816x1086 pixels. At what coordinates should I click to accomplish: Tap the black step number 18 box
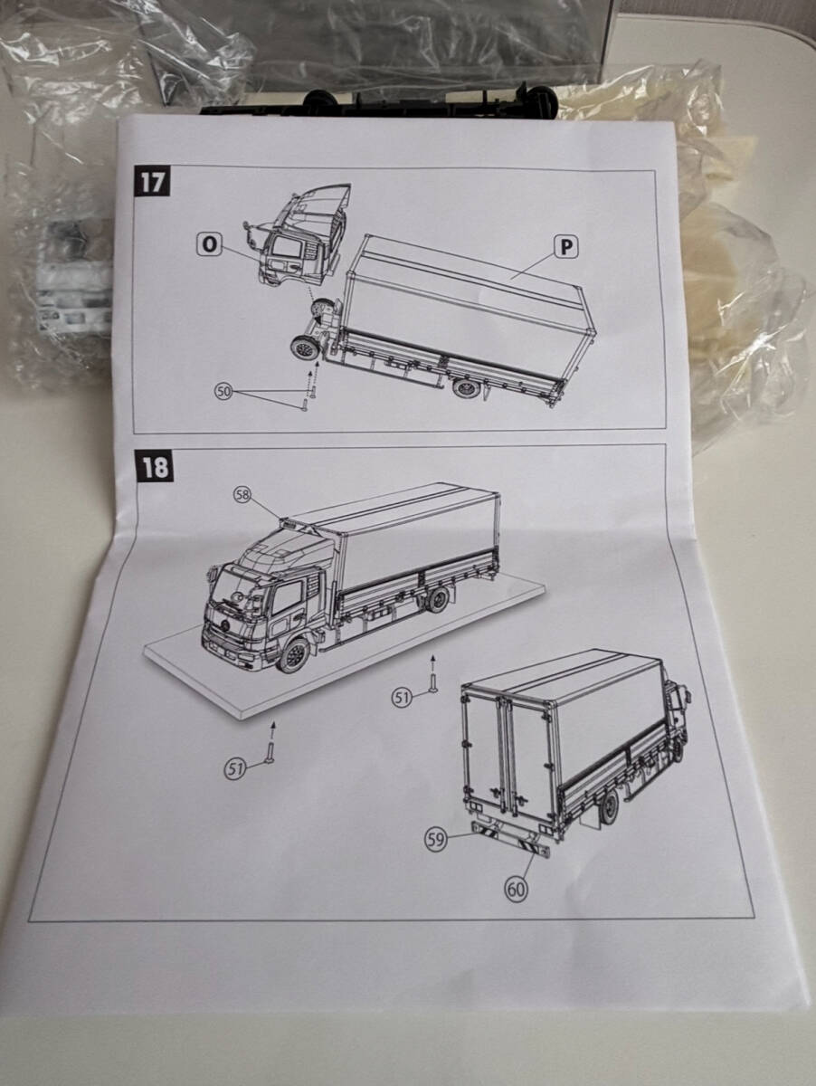click(x=155, y=467)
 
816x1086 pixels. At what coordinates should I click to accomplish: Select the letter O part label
click(x=210, y=243)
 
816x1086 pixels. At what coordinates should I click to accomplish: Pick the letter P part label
click(x=566, y=246)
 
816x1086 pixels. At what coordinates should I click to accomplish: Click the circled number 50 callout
click(x=223, y=390)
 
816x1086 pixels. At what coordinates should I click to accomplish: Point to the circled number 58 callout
click(x=242, y=494)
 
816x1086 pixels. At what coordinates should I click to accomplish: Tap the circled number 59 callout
click(x=436, y=839)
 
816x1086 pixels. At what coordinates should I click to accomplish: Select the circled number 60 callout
click(x=516, y=889)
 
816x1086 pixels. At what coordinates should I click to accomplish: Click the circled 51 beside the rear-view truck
click(x=402, y=696)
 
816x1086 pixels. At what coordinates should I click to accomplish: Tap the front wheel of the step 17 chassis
click(x=301, y=348)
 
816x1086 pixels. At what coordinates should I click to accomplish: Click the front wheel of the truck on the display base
click(x=293, y=654)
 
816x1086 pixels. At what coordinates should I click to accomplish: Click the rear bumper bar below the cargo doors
click(x=512, y=839)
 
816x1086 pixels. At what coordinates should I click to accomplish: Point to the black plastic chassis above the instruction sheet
click(x=380, y=101)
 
